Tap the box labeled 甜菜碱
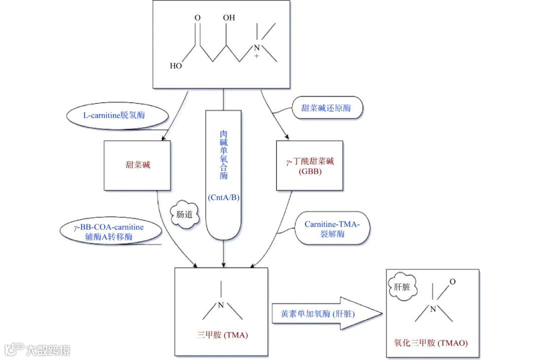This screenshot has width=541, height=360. pyautogui.click(x=137, y=165)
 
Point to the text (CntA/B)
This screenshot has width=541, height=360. pyautogui.click(x=223, y=198)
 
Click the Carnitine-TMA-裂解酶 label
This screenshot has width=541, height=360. pyautogui.click(x=332, y=229)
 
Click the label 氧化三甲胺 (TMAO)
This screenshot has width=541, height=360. pyautogui.click(x=431, y=342)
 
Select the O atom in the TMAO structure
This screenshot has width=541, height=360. pyautogui.click(x=453, y=282)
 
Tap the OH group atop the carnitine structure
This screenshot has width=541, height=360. pyautogui.click(x=229, y=18)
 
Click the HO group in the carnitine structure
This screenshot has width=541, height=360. pyautogui.click(x=176, y=66)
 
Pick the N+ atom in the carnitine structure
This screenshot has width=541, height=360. pyautogui.click(x=256, y=49)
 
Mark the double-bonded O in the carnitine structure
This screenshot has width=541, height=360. pyautogui.click(x=197, y=19)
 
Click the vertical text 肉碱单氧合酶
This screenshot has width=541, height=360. pyautogui.click(x=223, y=155)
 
